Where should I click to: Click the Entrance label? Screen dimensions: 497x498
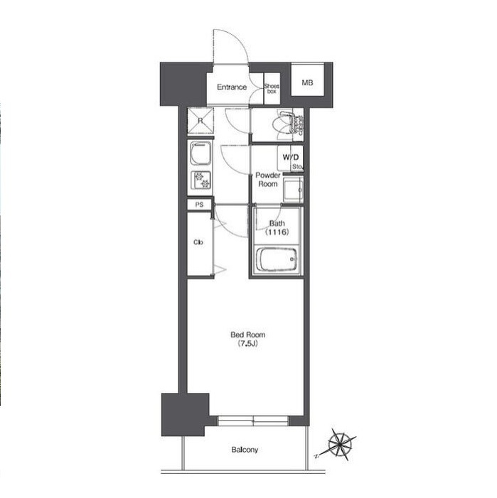232,87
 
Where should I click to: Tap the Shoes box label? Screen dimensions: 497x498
272,89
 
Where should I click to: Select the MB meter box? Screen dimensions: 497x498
307,83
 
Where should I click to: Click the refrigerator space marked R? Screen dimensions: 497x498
201,121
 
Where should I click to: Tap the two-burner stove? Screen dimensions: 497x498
201,180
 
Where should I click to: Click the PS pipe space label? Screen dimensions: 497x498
199,205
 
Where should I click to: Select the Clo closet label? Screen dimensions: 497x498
198,242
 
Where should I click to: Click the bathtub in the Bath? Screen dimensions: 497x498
277,259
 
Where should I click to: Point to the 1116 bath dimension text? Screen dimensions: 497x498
277,232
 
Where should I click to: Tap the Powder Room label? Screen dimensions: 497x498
268,180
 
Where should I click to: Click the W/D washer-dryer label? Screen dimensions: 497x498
290,157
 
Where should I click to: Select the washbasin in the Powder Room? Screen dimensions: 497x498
293,190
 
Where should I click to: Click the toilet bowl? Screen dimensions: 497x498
284,124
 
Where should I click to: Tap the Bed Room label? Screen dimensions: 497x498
247,335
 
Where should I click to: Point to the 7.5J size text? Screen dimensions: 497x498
247,343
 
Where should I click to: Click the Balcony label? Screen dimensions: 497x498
245,450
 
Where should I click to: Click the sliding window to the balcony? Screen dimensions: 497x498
253,421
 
